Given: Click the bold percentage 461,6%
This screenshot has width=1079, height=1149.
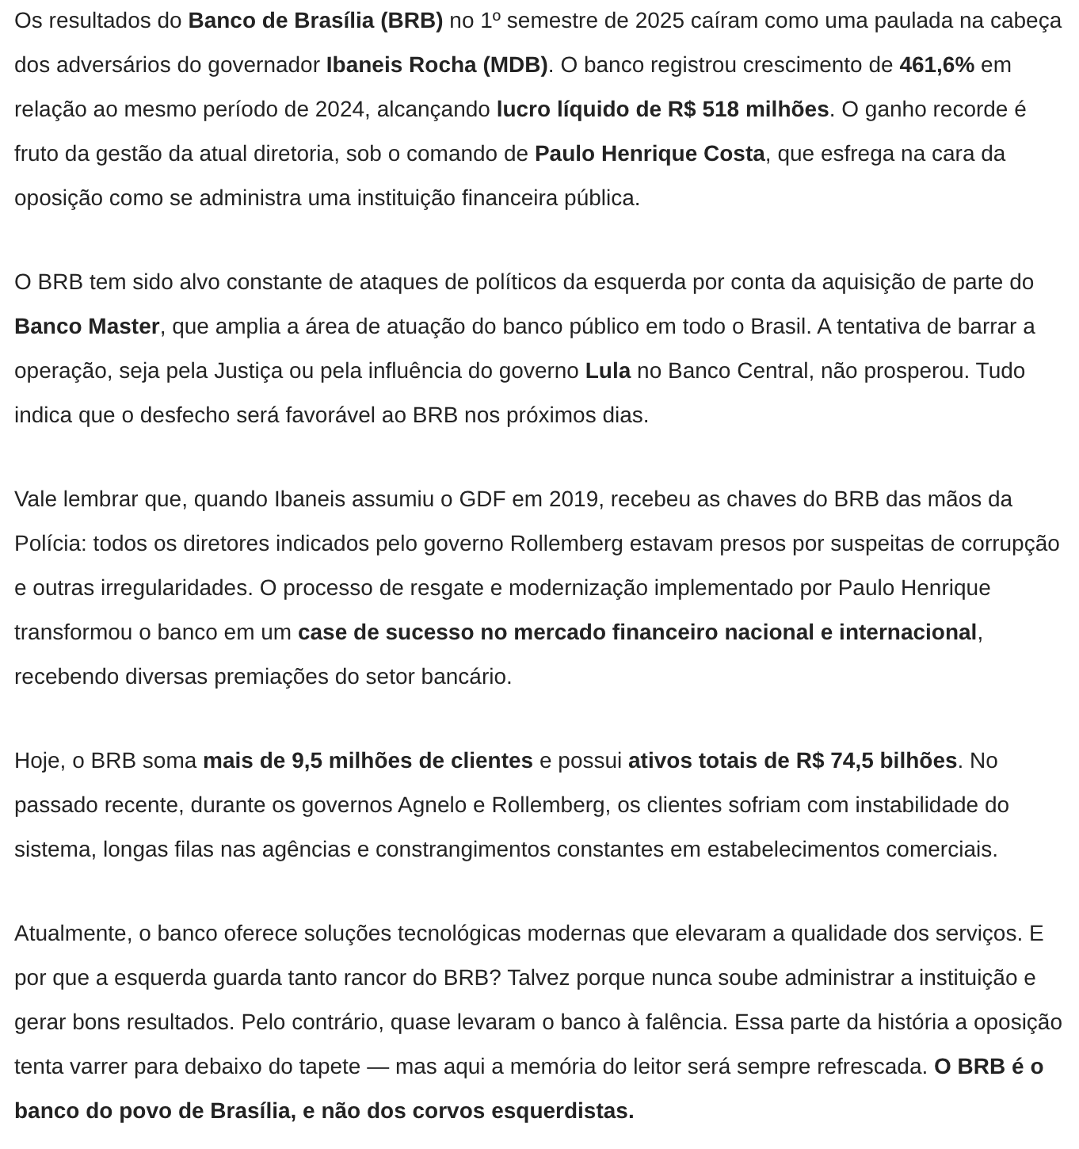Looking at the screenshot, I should [x=936, y=65].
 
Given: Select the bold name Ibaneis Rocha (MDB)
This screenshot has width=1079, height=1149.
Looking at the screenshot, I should [x=437, y=65].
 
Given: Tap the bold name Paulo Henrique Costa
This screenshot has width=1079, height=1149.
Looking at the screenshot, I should [x=650, y=154].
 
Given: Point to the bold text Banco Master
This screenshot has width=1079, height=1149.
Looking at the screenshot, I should [x=87, y=326].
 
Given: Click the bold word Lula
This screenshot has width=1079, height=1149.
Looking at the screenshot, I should [x=608, y=371].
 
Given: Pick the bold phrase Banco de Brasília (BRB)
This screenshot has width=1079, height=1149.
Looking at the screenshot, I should [x=315, y=21].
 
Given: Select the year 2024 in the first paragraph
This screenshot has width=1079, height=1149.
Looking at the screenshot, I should [x=341, y=109].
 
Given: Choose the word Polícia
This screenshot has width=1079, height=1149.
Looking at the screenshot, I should [x=49, y=544].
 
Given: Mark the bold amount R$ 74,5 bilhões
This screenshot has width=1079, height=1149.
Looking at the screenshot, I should [x=876, y=761].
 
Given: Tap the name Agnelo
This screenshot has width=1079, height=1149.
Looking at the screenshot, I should [x=432, y=805].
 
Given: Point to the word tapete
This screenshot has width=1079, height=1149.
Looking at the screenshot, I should [x=322, y=1067].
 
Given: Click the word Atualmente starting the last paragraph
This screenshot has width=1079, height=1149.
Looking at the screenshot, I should [x=73, y=933].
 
